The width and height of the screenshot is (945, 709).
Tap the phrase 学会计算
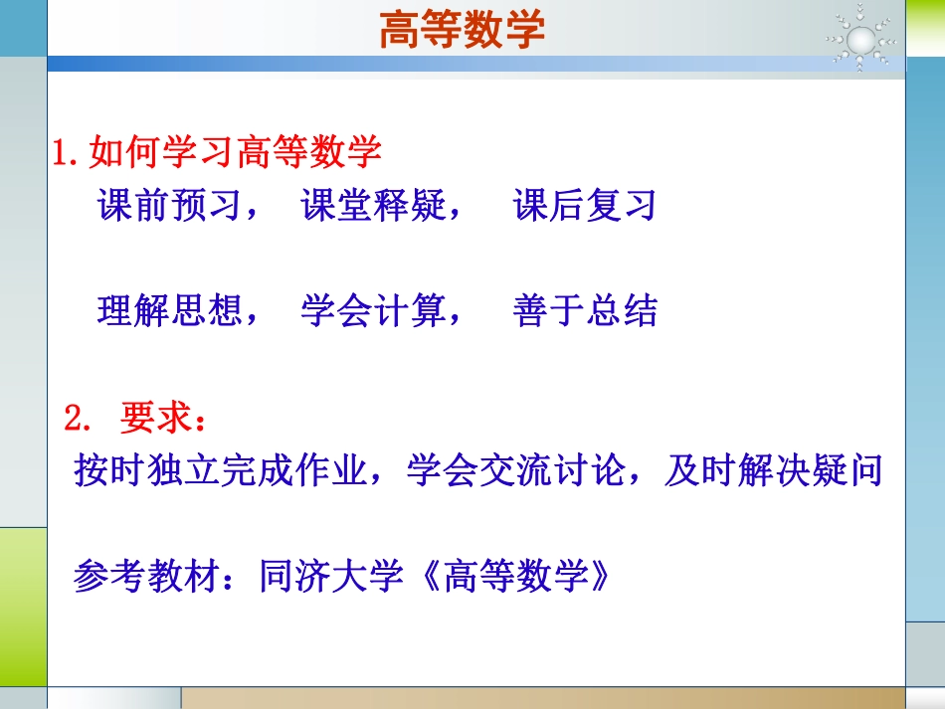pos(373,311)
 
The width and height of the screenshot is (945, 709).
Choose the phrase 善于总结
pos(586,311)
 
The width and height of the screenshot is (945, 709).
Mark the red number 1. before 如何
pos(68,154)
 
